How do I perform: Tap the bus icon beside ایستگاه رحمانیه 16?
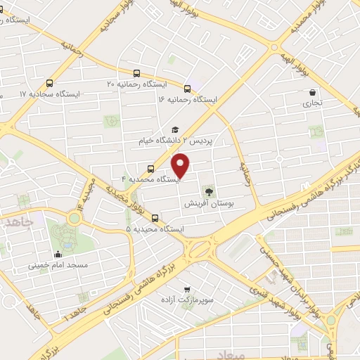click(x=187, y=89)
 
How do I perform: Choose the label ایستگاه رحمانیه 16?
click(x=188, y=101)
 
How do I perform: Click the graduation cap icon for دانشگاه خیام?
click(x=174, y=129)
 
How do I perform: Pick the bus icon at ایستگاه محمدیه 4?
click(x=150, y=169)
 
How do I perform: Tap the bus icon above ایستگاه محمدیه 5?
click(x=155, y=217)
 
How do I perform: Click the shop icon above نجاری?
click(x=312, y=91)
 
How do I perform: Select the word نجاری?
click(x=312, y=103)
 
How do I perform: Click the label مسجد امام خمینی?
click(x=58, y=266)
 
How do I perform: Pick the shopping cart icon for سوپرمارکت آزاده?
click(x=186, y=289)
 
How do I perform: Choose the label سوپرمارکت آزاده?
click(x=186, y=301)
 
